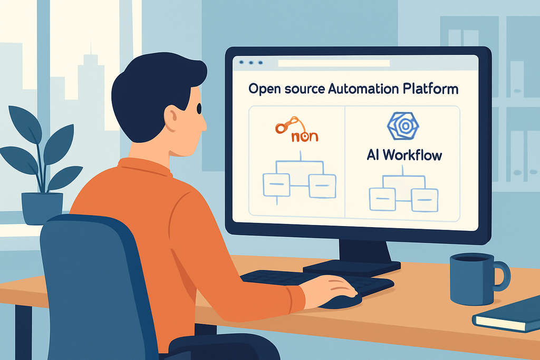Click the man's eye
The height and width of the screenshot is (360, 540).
(x=199, y=109)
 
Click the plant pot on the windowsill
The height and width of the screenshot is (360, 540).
(x=42, y=208)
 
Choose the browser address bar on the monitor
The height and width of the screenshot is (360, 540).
(x=333, y=63)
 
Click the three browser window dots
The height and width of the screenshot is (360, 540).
(x=252, y=63)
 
